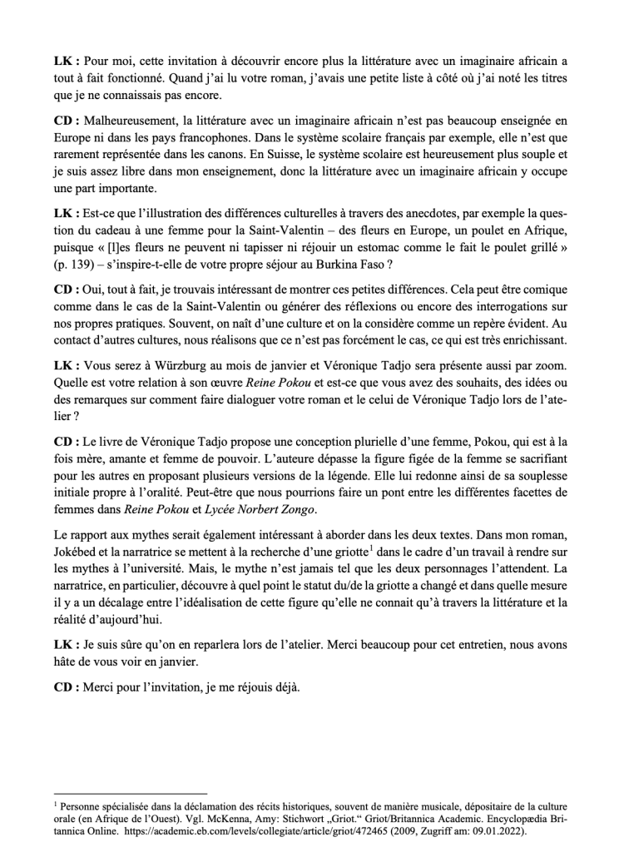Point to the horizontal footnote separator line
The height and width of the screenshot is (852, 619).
click(x=129, y=794)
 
